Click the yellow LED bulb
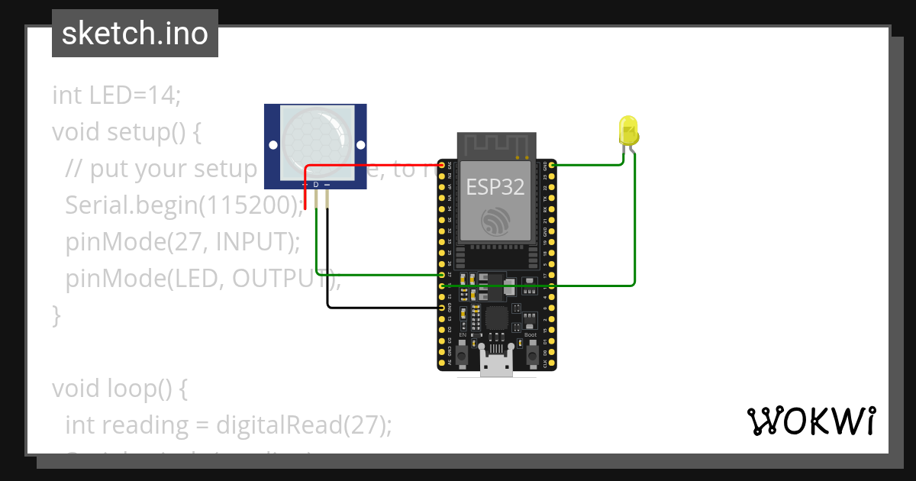(628, 131)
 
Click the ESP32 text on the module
(495, 187)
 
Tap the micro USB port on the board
(497, 369)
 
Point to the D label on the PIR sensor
(316, 185)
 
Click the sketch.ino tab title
(135, 34)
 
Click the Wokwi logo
(810, 421)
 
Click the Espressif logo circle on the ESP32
(496, 221)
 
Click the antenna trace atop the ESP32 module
(495, 144)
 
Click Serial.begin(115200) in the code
(183, 205)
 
